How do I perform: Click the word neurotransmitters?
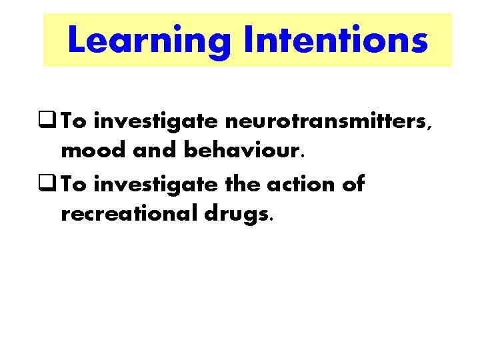pos(329,122)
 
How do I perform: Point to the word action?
pos(298,183)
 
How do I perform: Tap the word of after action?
pos(353,183)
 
